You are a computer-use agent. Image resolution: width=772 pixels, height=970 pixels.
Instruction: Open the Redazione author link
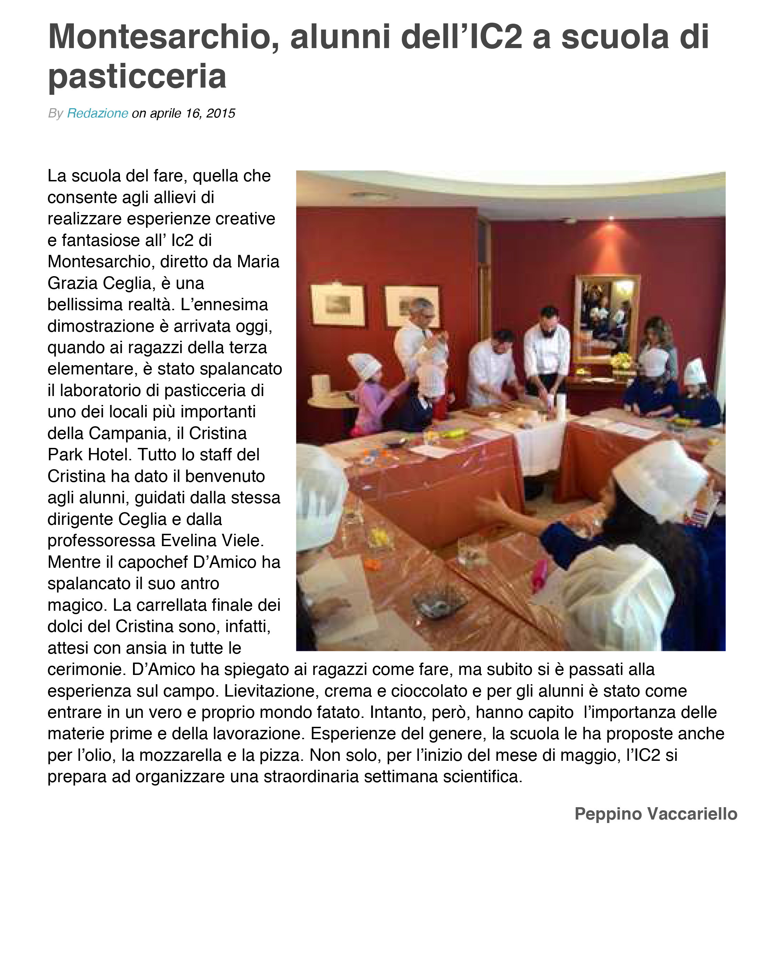coord(97,113)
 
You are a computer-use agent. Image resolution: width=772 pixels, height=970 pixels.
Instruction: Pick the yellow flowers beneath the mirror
coord(622,360)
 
